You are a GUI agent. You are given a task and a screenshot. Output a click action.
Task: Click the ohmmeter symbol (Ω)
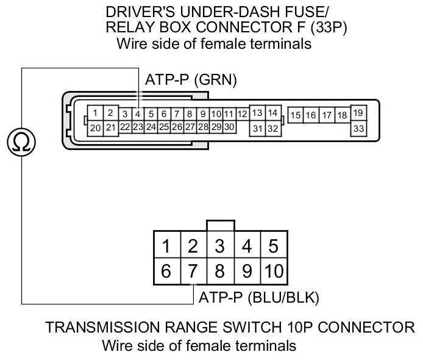click(x=22, y=142)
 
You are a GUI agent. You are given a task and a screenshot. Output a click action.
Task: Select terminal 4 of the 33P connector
click(x=138, y=113)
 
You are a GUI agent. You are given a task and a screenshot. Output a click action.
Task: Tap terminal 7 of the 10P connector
click(x=193, y=271)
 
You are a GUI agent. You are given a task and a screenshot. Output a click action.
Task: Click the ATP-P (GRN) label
click(x=190, y=80)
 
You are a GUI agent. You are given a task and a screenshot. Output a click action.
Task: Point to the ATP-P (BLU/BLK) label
click(x=259, y=298)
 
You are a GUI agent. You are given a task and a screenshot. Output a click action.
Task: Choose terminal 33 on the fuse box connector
click(x=358, y=128)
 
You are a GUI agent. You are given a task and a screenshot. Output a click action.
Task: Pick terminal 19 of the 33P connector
click(x=358, y=113)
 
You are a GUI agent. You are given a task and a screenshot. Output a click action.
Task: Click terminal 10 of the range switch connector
click(x=274, y=271)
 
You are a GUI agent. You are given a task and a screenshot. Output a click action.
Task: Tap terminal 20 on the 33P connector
click(x=96, y=128)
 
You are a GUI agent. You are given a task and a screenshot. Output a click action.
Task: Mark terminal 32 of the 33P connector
click(x=272, y=128)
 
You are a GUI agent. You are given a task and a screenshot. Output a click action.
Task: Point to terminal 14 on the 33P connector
click(x=272, y=113)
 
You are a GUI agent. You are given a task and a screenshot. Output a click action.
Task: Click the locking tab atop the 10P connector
click(x=220, y=225)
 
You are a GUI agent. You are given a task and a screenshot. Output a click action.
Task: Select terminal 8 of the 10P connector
click(x=220, y=271)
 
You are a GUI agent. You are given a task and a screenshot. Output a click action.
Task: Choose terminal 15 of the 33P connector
click(x=296, y=115)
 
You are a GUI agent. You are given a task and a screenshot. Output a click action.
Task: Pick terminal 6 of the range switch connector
click(x=166, y=271)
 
